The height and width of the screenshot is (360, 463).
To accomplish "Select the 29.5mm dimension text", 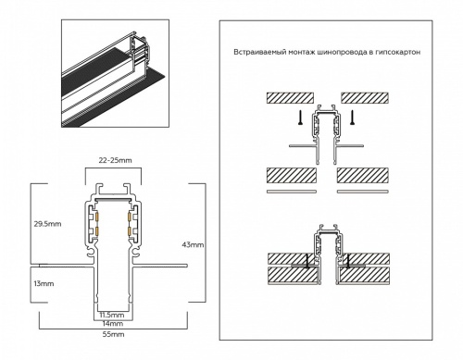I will coord(45,223).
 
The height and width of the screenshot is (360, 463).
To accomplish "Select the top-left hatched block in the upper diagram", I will coord(291,96).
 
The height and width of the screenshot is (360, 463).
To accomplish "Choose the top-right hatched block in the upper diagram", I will coord(365,96).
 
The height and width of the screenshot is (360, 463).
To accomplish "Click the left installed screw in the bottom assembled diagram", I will coord(307,262).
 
